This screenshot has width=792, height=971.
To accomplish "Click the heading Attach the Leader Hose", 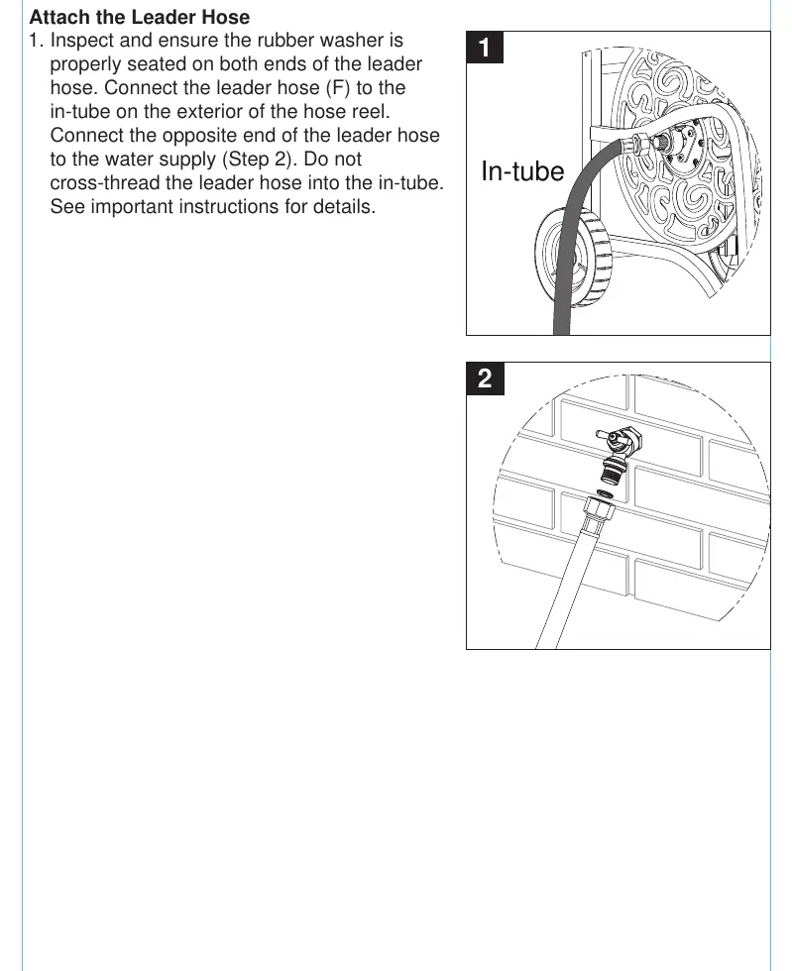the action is (x=140, y=17).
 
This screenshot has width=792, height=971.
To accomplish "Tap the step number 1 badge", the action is (x=485, y=48).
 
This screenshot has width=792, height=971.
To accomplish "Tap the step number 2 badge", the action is (x=485, y=378).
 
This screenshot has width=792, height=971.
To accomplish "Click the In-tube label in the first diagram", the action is (x=522, y=170).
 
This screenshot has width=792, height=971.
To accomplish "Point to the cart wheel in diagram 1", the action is (x=573, y=257).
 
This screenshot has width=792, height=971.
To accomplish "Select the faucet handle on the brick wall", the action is (x=606, y=437).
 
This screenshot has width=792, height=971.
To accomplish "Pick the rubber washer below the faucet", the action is (x=604, y=493).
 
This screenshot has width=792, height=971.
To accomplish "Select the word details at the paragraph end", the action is (x=344, y=206).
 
